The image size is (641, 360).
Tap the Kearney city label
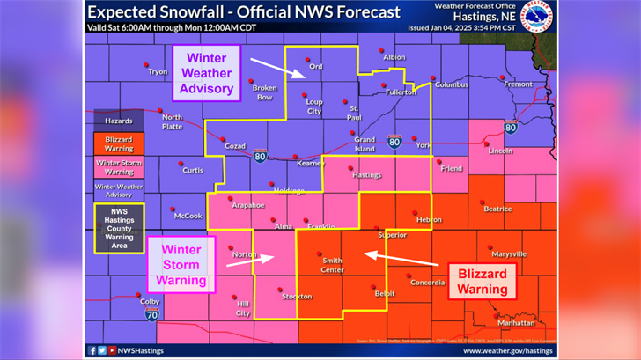point(310,164)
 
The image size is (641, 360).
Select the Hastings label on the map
point(366,174)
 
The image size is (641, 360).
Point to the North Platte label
point(172,121)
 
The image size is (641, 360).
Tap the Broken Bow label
point(264,92)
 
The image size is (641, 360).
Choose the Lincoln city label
point(500,150)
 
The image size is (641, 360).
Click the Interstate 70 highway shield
point(152,312)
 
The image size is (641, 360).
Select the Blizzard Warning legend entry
point(119,143)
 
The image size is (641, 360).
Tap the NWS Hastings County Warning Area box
point(119,228)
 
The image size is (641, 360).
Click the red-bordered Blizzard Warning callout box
point(483,280)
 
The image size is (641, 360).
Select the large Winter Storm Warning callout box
point(181,262)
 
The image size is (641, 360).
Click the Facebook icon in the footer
point(92,350)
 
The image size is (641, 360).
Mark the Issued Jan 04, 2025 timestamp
point(474,28)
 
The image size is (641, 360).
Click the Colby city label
point(151,301)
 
